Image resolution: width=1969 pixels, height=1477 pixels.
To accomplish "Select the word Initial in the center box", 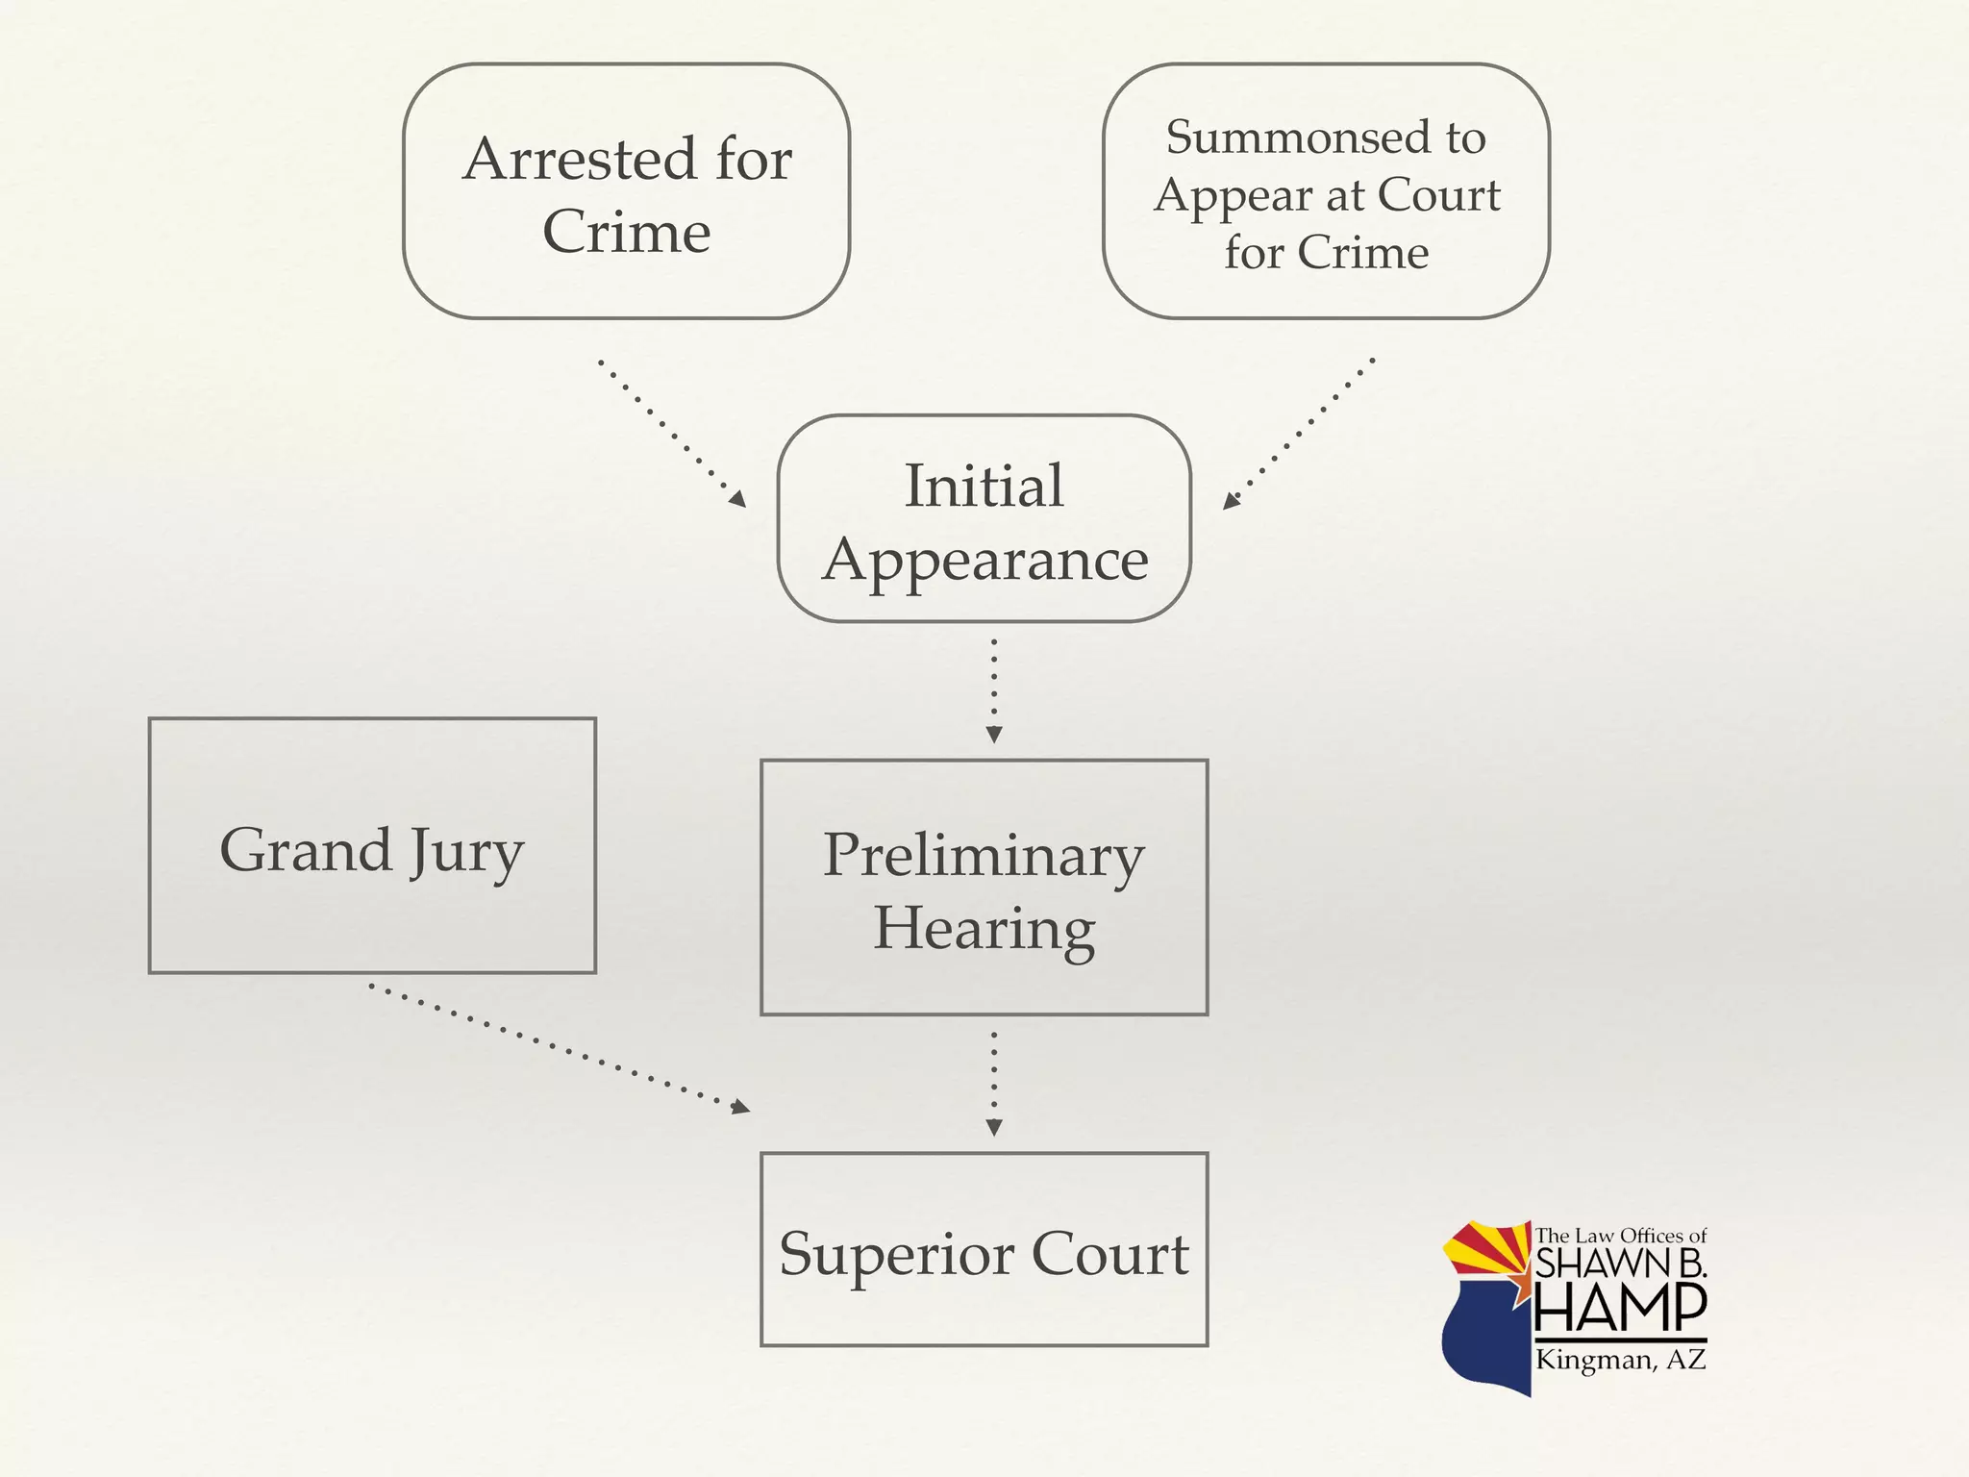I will point(984,486).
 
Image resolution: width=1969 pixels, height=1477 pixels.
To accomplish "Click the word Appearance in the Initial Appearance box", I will point(985,561).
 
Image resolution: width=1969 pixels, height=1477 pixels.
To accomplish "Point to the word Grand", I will point(306,850).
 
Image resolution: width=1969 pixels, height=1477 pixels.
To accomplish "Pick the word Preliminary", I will point(984,855).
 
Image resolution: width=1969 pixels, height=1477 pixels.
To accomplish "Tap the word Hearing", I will point(984,929).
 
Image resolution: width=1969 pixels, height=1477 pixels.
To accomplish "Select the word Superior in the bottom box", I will point(896,1254).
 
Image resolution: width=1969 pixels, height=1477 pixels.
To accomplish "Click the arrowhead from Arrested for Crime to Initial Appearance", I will point(737,499).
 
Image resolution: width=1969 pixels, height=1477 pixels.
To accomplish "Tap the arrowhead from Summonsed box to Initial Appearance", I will point(1231,501).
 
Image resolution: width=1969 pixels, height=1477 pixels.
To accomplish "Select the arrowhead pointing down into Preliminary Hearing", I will point(994,736).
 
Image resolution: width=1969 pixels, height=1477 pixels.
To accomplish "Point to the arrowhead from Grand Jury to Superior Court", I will point(740,1108).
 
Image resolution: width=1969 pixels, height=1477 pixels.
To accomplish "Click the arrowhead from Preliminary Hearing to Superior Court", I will point(994,1128).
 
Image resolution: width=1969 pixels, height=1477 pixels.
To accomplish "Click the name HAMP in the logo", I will point(1620,1307).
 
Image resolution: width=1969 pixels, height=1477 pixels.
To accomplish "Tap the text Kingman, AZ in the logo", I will point(1620,1360).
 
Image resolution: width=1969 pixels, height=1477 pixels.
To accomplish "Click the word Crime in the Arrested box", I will point(627,233).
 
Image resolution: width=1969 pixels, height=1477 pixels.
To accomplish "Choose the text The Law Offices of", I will point(1620,1236).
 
